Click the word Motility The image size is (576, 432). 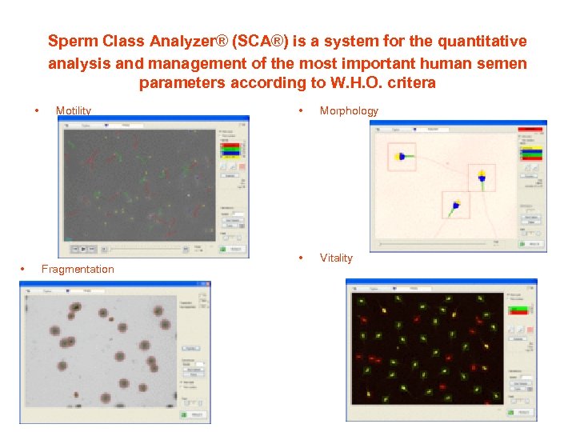click(73, 111)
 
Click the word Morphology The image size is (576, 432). click(349, 111)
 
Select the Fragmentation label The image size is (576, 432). click(78, 270)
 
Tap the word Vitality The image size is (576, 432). click(336, 258)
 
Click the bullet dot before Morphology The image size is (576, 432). click(299, 110)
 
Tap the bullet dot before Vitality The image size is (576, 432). click(299, 258)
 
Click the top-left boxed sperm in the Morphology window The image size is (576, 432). click(401, 157)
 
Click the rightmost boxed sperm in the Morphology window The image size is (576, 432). click(482, 178)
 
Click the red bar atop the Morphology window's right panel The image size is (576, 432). click(530, 128)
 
